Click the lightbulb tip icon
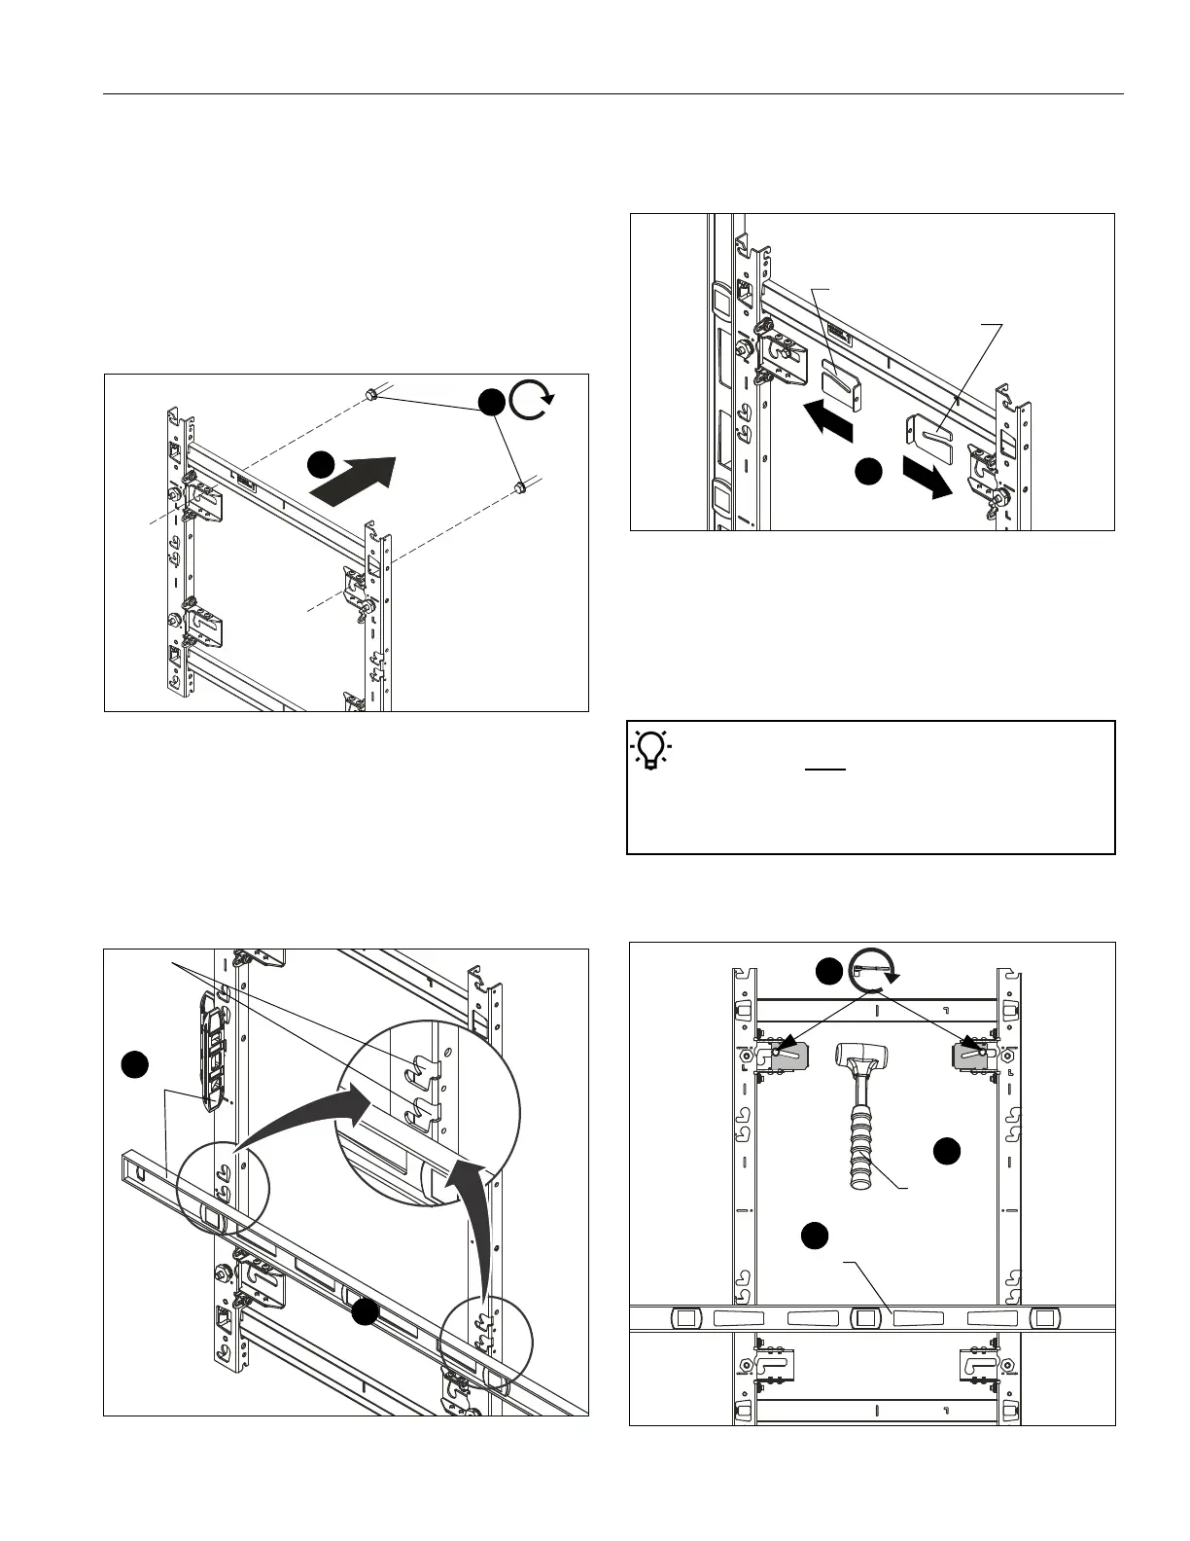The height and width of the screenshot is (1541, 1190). point(651,748)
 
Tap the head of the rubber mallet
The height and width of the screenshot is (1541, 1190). point(859,1055)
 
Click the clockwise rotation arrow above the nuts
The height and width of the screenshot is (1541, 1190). point(531,399)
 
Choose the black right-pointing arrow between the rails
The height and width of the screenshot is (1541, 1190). point(927,477)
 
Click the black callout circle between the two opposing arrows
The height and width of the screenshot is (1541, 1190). point(868,472)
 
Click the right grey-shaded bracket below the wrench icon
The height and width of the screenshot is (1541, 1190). point(974,1055)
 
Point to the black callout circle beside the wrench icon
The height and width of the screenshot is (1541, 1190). point(828,971)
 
